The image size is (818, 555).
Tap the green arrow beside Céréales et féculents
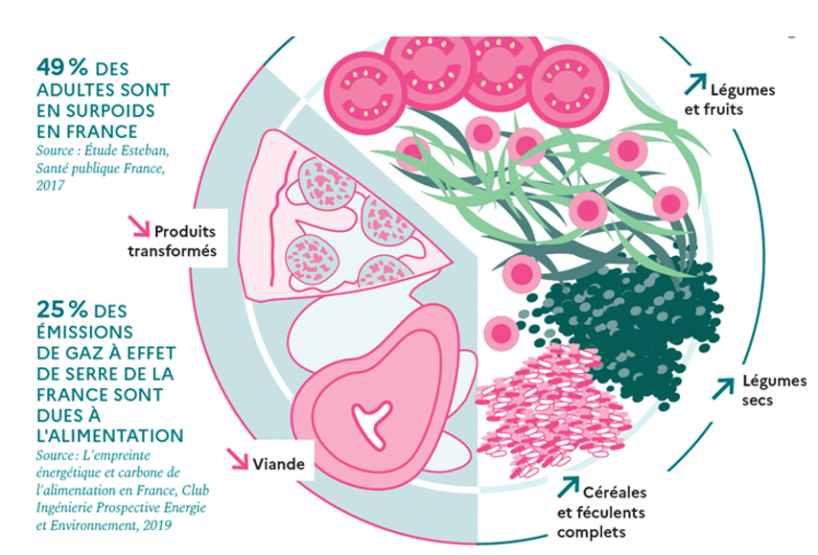click(x=569, y=488)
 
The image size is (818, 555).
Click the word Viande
click(x=279, y=465)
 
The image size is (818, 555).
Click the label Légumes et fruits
click(x=741, y=100)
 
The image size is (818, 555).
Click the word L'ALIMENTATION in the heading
click(x=108, y=435)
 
